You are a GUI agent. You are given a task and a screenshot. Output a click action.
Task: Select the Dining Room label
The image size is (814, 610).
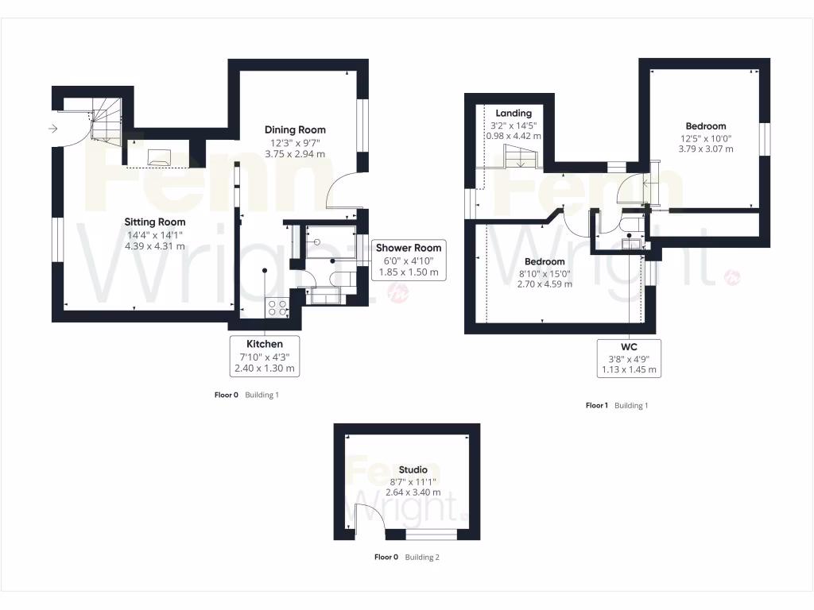click(x=295, y=129)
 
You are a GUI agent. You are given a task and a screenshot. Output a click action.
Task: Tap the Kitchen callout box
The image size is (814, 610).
click(x=265, y=356)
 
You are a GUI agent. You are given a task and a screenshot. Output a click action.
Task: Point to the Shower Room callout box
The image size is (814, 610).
click(x=408, y=260)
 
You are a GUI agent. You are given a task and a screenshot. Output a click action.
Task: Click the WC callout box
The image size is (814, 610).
click(x=629, y=357)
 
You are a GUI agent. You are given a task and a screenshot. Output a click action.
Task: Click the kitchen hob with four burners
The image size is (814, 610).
click(x=279, y=307)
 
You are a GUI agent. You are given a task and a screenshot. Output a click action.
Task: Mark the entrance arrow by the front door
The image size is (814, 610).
click(x=53, y=128)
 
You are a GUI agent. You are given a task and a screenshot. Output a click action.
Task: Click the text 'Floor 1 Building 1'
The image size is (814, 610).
click(x=617, y=406)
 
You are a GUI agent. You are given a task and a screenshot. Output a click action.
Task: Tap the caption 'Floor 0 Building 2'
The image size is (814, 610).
click(x=406, y=558)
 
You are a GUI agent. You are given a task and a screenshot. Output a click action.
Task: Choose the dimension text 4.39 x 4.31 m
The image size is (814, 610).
click(x=154, y=246)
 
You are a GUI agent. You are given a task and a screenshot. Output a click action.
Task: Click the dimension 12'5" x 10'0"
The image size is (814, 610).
click(x=705, y=138)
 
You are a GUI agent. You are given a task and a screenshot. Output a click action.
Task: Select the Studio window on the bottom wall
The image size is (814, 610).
click(x=432, y=535)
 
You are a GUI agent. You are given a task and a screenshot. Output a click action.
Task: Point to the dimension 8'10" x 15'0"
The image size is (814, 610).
click(x=545, y=273)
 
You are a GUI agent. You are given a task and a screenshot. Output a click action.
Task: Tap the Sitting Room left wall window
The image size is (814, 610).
click(x=57, y=238)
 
